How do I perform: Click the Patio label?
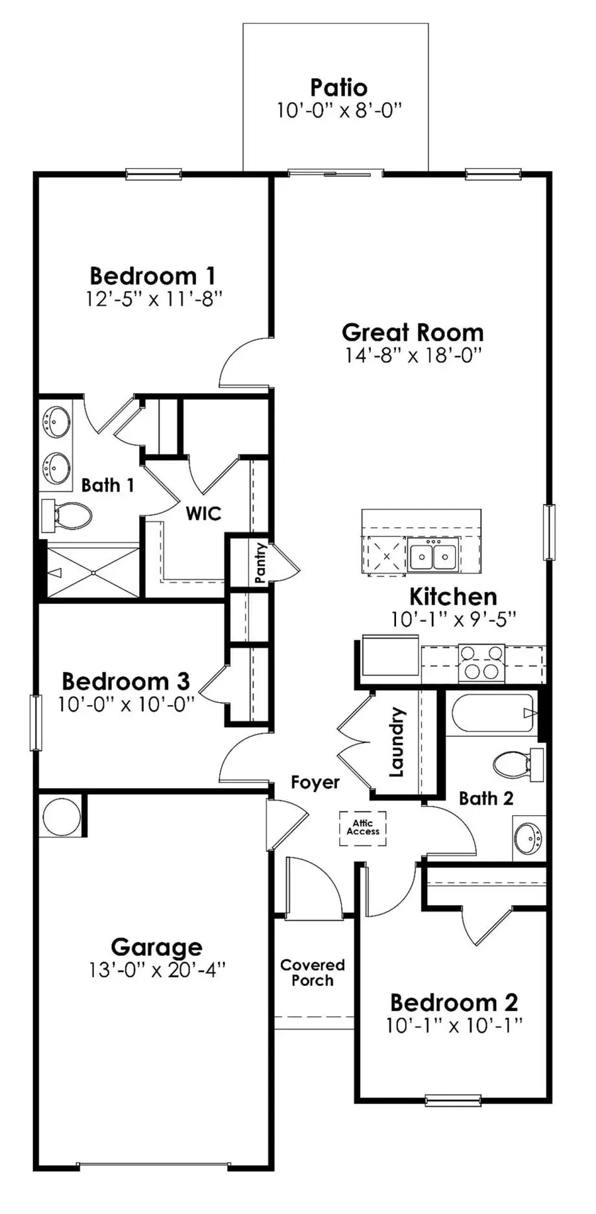tap(338, 87)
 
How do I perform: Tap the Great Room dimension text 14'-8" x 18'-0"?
tap(412, 355)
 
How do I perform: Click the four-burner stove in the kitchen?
tap(481, 662)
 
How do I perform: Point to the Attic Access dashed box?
tap(363, 828)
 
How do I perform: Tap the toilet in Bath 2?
tap(517, 765)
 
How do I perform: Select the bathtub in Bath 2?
tap(493, 713)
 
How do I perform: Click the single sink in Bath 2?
tap(529, 838)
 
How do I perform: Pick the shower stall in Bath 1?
tap(92, 572)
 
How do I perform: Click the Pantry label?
tap(260, 562)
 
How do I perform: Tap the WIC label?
tap(203, 513)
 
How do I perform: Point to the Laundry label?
tap(396, 742)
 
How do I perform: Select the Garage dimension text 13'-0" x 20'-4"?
tap(157, 970)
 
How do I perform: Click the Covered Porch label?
tap(313, 973)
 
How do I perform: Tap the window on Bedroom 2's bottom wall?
tap(453, 1100)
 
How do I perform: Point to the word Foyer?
tap(315, 783)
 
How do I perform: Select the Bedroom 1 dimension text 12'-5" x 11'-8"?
tap(153, 299)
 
